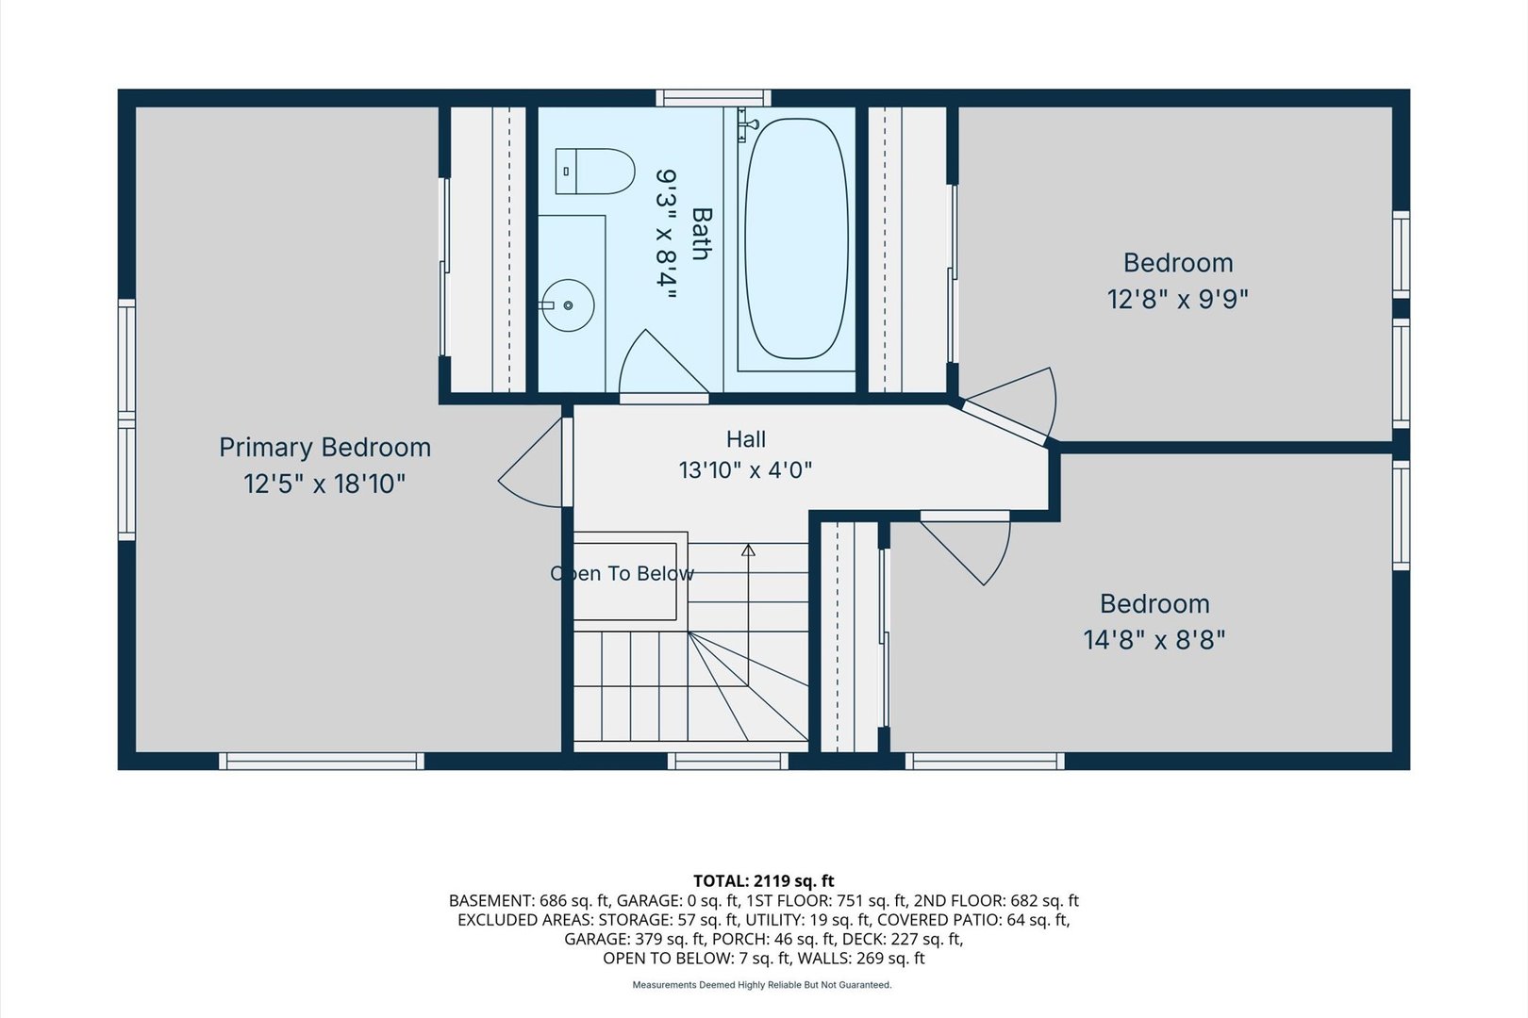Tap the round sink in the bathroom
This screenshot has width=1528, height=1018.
coord(568,305)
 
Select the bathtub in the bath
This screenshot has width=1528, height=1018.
coord(796,238)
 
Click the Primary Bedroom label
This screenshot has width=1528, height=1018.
coord(324,448)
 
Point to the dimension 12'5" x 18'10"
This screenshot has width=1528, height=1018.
coord(324,484)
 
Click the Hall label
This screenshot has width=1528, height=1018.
coord(745,439)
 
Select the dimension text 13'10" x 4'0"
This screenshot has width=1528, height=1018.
coord(745,470)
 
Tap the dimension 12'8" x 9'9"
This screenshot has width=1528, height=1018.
coord(1177,300)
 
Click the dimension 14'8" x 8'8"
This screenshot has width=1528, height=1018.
coord(1154,640)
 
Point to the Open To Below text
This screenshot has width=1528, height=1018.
coord(623,573)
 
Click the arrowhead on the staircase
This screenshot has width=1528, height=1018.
coord(748,550)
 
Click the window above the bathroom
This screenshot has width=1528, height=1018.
coord(713,98)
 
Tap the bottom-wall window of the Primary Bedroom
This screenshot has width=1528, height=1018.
coord(322,761)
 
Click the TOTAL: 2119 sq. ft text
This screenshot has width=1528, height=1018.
coord(763,880)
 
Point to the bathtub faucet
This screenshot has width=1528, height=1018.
coord(749,124)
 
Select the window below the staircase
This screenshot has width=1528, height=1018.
coord(728,761)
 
